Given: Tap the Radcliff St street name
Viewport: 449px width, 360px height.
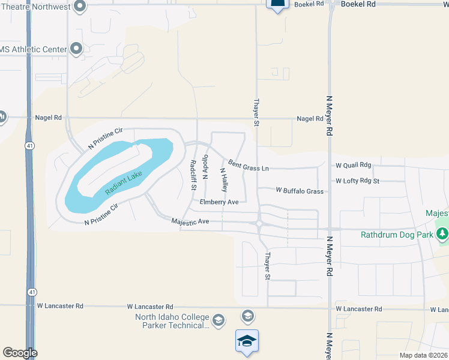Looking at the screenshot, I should [x=193, y=175].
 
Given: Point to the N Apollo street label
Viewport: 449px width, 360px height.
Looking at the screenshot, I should [x=205, y=168].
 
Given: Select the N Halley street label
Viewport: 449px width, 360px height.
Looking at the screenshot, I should [x=223, y=180].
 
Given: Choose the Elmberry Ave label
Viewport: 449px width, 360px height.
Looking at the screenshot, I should [x=219, y=202].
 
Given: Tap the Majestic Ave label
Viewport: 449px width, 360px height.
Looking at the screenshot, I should [x=190, y=221].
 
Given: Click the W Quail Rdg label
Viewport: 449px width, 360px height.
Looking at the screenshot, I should [x=354, y=165].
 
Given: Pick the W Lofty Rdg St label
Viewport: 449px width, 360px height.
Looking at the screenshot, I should [x=358, y=181].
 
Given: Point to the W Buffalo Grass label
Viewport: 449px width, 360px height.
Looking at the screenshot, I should [x=300, y=191].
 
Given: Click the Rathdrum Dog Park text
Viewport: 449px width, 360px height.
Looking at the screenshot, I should [x=397, y=235].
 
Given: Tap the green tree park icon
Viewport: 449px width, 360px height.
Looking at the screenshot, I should [x=443, y=234].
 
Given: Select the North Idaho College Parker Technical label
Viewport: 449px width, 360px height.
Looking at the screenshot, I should [x=172, y=322].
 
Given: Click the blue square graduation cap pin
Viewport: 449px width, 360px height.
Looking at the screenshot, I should [x=247, y=341].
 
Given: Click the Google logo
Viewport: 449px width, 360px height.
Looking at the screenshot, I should [x=20, y=353].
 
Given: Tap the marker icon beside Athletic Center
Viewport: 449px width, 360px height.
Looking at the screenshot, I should [x=76, y=49].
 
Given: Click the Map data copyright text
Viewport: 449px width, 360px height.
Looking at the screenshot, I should [x=424, y=355].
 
